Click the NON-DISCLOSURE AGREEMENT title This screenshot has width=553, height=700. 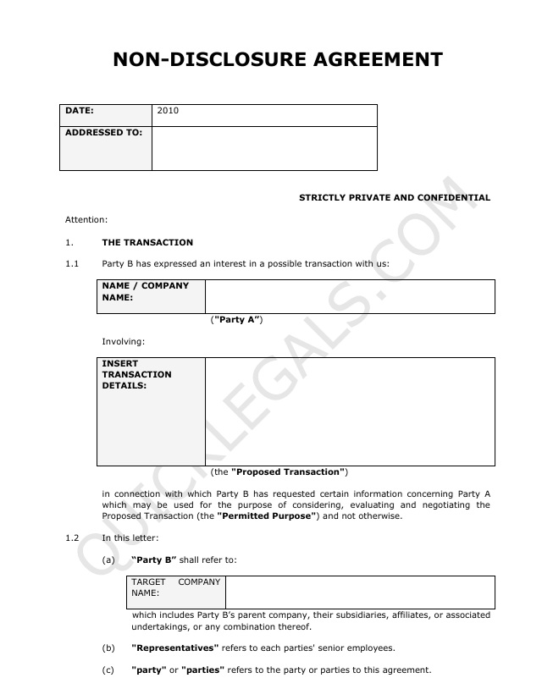[x=278, y=59]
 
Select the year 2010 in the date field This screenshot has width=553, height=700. [x=168, y=110]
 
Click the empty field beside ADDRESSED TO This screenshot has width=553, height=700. [x=264, y=148]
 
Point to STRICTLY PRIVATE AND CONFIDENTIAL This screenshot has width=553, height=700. [x=395, y=198]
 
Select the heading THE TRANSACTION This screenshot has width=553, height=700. [x=147, y=242]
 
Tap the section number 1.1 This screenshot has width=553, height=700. [x=72, y=264]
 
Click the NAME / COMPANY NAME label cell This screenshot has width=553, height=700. [x=150, y=295]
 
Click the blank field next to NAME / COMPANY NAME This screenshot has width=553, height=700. [x=350, y=296]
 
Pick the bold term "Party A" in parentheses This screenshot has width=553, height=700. [x=236, y=320]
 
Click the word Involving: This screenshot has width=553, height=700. [x=124, y=342]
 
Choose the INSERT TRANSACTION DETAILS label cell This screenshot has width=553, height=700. [x=150, y=411]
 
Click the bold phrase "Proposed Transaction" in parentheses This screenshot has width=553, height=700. [x=288, y=471]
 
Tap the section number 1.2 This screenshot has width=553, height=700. [x=72, y=538]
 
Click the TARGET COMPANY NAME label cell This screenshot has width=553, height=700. [x=176, y=592]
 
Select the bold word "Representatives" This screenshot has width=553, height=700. [x=175, y=648]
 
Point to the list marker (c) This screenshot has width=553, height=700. [x=108, y=670]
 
